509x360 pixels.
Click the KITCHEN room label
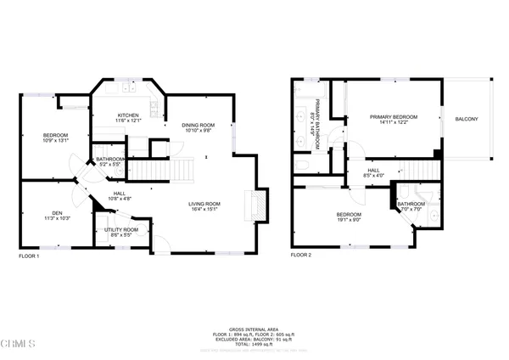pos(128,115)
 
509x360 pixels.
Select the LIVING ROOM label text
pos(204,204)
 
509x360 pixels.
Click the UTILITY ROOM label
pos(121,230)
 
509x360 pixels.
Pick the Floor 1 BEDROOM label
pos(56,135)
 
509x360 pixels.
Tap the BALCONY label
pos(466,119)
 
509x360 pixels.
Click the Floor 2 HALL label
pos(373,170)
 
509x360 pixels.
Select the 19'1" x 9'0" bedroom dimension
pos(349,219)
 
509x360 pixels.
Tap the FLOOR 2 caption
pos(301,255)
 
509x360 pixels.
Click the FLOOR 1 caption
pos(29,255)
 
